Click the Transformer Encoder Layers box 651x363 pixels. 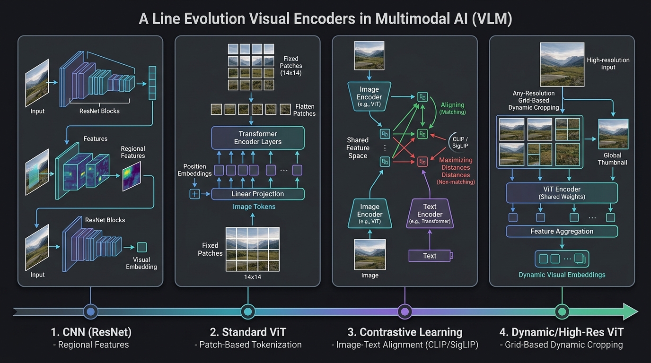[x=258, y=138]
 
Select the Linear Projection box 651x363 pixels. [x=258, y=194]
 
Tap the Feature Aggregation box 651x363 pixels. [x=562, y=232]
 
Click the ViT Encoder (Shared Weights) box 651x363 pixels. [x=562, y=193]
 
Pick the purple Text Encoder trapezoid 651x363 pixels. [x=430, y=214]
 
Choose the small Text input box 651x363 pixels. [x=430, y=256]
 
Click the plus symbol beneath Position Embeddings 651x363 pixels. [x=195, y=194]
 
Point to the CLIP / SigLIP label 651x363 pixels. [x=460, y=143]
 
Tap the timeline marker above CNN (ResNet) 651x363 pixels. [x=91, y=311]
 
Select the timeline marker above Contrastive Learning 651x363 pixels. [x=405, y=311]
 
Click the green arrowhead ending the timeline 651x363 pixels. [x=630, y=311]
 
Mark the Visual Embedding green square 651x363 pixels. [x=142, y=247]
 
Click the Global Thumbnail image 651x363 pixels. [x=613, y=134]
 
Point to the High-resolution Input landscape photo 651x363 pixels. [x=562, y=64]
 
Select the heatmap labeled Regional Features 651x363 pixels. [x=132, y=176]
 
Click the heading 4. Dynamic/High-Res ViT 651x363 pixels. [x=562, y=332]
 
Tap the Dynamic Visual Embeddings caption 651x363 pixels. [x=562, y=275]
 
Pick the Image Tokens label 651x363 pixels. [x=254, y=207]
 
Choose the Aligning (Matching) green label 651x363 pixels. [x=452, y=108]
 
